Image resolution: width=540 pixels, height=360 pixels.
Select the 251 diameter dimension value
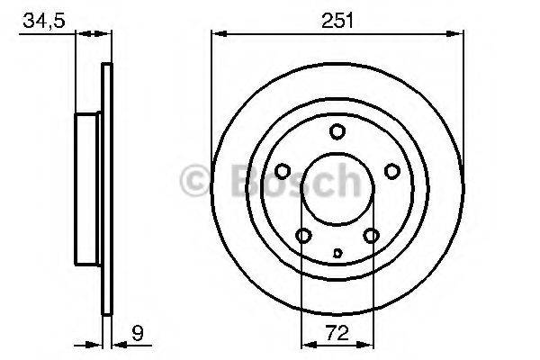point(338,18)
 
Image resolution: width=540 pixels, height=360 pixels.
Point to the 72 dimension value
point(337,331)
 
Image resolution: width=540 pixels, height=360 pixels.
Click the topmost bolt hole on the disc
point(337,131)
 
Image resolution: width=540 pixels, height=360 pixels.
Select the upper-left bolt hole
point(282,171)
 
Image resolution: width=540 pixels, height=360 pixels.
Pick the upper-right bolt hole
point(392,171)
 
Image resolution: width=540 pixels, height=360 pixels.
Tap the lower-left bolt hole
point(303,236)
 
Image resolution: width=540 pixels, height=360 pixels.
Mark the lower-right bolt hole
point(371,236)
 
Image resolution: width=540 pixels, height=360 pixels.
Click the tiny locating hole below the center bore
point(337,252)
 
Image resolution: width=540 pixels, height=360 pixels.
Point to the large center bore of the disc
point(337,191)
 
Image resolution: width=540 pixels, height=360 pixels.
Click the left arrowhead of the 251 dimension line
point(216,35)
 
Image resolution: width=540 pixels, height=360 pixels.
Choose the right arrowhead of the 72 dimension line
point(367,344)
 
